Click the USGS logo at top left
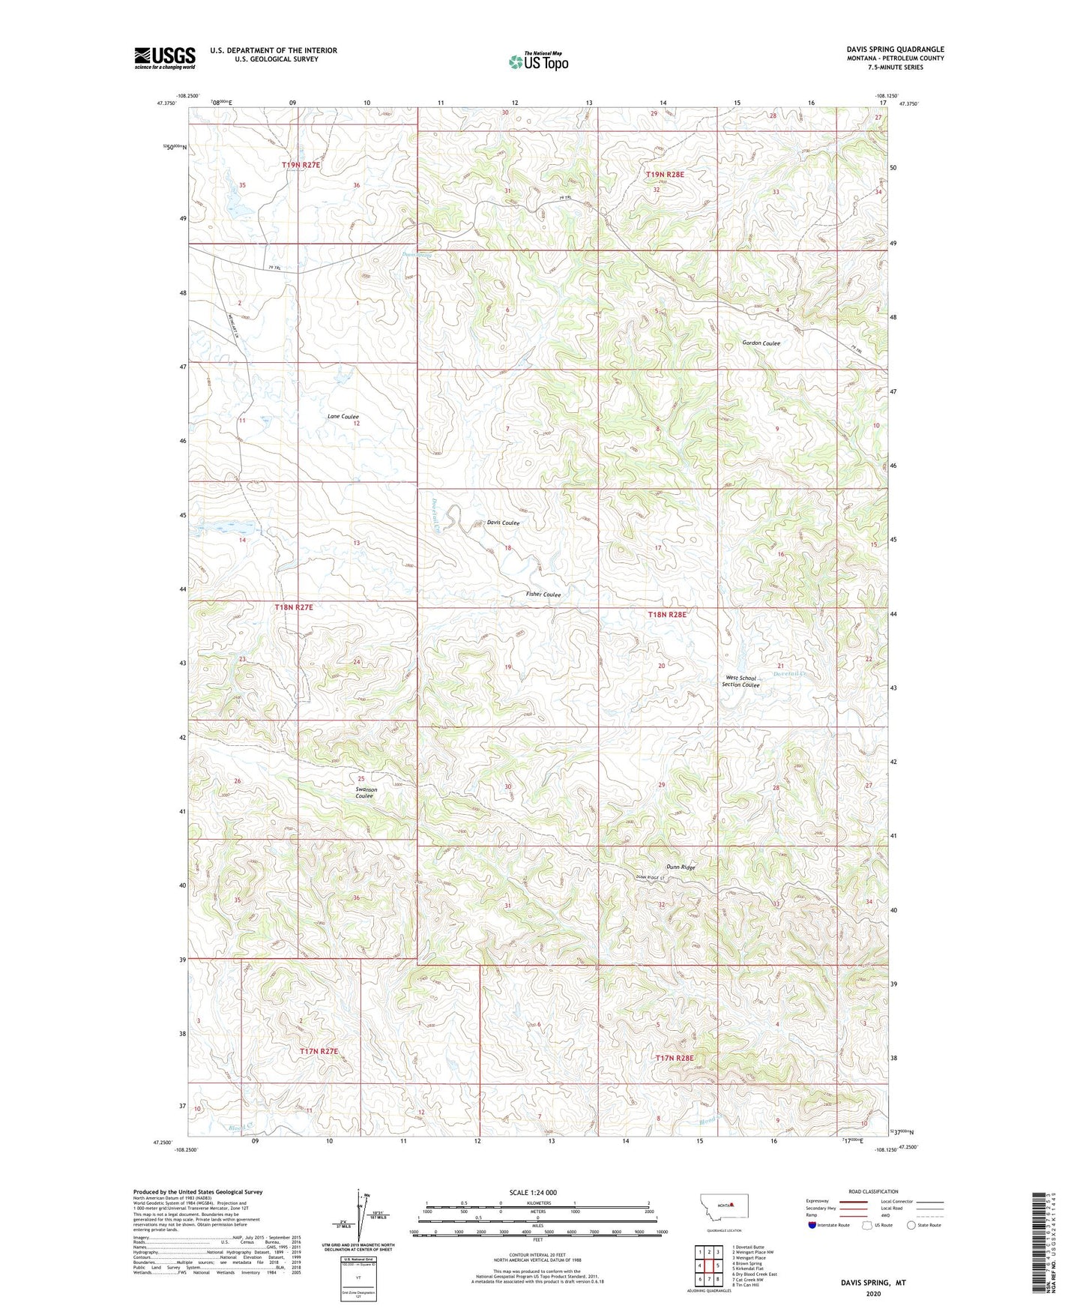[164, 58]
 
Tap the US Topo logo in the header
[537, 61]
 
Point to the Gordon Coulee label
[761, 343]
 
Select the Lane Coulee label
[343, 416]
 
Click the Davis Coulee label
[503, 523]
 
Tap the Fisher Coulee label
[543, 595]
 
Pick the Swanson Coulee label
[366, 792]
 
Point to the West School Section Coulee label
[740, 681]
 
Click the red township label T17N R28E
[675, 1058]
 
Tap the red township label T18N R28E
[666, 615]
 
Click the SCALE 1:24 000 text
[532, 1193]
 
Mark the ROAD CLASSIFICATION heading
[873, 1191]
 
